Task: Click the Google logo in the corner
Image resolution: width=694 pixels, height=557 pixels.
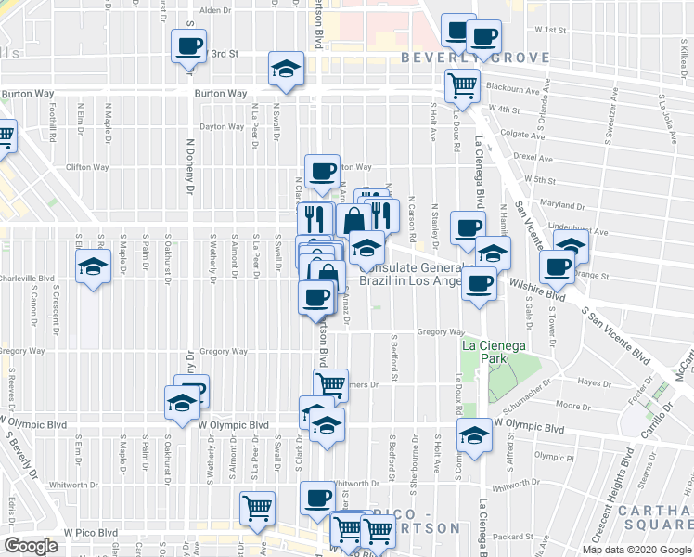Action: click(x=31, y=546)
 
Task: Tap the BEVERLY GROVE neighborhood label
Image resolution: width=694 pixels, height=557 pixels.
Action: click(x=475, y=58)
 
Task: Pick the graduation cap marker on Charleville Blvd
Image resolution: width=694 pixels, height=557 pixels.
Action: click(x=92, y=266)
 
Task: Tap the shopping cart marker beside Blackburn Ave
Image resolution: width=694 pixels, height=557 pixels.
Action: click(x=462, y=86)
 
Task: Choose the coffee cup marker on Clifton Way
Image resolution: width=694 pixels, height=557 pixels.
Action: click(x=322, y=171)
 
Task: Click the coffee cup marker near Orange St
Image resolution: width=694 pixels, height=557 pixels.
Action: click(x=556, y=267)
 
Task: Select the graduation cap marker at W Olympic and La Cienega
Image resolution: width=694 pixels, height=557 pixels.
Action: click(x=474, y=434)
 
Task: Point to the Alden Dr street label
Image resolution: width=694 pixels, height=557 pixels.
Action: click(x=214, y=10)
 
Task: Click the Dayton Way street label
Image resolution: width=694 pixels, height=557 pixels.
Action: click(x=220, y=126)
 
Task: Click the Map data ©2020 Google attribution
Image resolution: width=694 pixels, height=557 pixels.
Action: click(x=636, y=550)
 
